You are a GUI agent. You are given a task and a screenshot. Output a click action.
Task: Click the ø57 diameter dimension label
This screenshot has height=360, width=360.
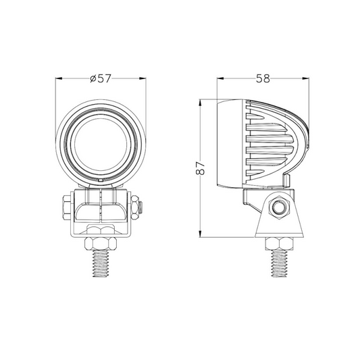pos(101,78)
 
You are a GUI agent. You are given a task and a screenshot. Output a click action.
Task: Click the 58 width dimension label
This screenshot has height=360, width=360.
pos(263,78)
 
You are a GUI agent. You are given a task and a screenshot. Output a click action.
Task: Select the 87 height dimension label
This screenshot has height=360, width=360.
pos(200,168)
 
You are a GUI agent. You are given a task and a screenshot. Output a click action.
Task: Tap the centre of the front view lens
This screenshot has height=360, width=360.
pos(101,145)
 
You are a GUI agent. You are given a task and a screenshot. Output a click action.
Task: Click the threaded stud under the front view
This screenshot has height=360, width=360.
pos(101,263)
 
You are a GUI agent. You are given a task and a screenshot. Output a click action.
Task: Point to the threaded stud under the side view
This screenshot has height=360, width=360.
pos(279,263)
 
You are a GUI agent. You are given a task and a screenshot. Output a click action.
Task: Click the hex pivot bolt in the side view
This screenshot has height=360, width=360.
pos(279,207)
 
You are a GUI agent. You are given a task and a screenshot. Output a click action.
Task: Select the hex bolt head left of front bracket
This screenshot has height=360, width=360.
pos(67,207)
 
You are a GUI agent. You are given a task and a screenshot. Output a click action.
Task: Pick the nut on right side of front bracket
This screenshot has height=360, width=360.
pos(134,207)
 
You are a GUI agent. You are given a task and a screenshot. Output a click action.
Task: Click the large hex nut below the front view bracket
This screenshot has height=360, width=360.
pos(101,244)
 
